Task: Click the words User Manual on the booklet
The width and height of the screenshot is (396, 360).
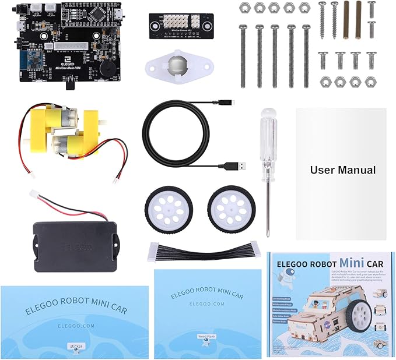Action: click(x=342, y=170)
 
